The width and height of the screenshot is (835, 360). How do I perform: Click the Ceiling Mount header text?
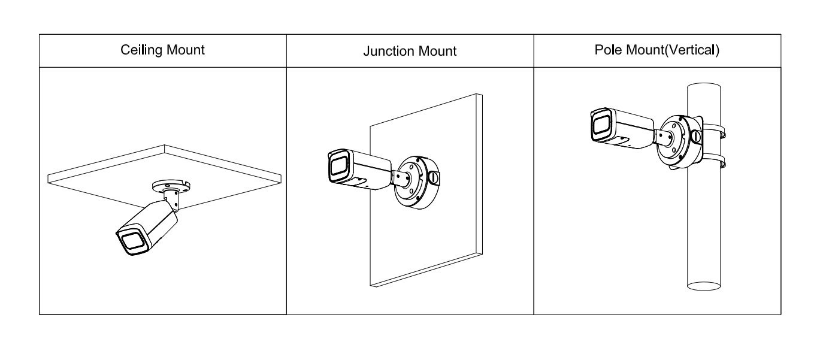tap(162, 50)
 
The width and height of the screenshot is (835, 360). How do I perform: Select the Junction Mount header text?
tap(410, 51)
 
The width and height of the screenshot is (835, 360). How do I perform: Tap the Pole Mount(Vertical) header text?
tap(657, 50)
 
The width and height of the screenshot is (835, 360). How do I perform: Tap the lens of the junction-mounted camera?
tap(339, 167)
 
